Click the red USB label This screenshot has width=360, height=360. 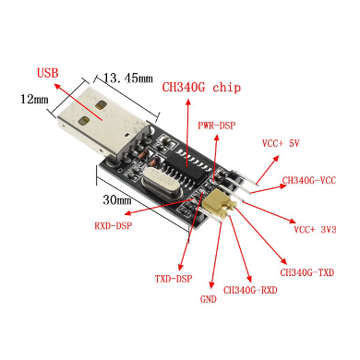point(47,73)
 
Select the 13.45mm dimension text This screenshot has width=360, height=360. point(128,78)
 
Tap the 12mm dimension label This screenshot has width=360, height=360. point(34,99)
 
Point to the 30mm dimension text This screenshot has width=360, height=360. point(117,200)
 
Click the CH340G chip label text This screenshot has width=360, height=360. point(201,88)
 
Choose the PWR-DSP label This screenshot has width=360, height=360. point(217,126)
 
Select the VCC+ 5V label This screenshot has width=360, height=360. point(281,143)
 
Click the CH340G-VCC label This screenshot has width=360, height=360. point(309,180)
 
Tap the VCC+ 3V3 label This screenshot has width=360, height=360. point(315,230)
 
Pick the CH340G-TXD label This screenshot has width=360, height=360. point(306,272)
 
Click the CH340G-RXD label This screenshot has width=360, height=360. point(250,290)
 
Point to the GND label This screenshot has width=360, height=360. point(209,299)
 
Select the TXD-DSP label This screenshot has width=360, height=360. point(174,279)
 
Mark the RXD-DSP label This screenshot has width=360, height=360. point(114,226)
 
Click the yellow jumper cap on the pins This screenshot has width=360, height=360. point(220,204)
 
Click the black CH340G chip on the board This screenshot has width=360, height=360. point(188,167)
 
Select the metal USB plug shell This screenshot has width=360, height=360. point(102,123)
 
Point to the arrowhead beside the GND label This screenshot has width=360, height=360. point(211,284)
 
